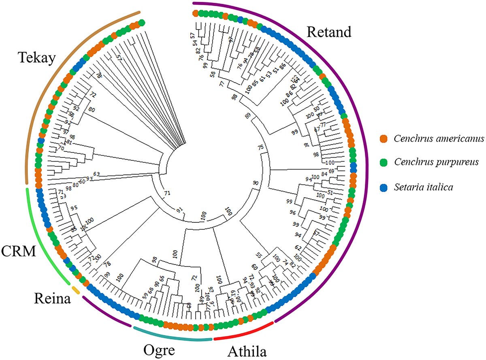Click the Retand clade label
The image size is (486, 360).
click(328, 32)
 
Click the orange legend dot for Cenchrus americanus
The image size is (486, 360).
click(386, 139)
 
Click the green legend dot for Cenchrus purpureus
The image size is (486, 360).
click(386, 162)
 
